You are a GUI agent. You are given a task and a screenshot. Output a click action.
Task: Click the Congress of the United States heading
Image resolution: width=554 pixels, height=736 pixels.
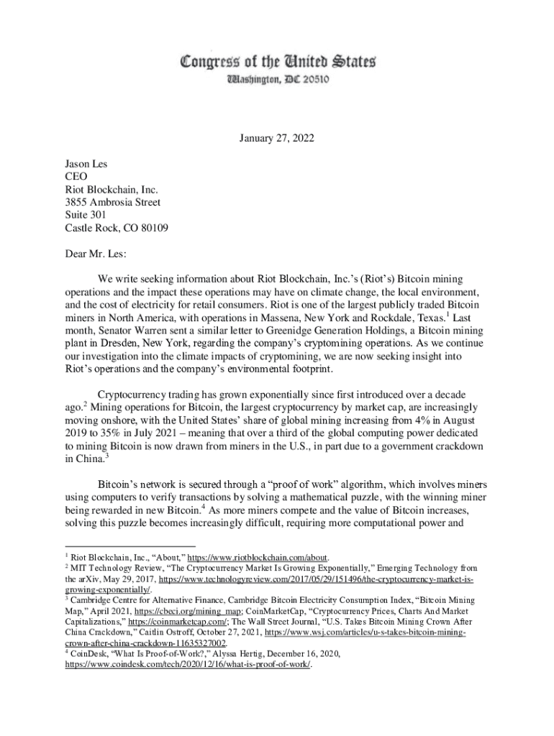pyautogui.click(x=277, y=62)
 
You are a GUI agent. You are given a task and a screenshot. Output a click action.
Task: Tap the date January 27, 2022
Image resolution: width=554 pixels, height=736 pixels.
pyautogui.click(x=276, y=139)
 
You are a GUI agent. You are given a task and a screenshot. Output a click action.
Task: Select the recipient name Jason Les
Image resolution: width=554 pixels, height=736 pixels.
pyautogui.click(x=86, y=164)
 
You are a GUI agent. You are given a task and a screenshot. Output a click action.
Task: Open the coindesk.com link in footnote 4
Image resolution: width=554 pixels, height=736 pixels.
pyautogui.click(x=188, y=666)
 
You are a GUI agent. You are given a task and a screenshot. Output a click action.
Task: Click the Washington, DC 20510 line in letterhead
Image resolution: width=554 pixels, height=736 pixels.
pyautogui.click(x=277, y=80)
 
